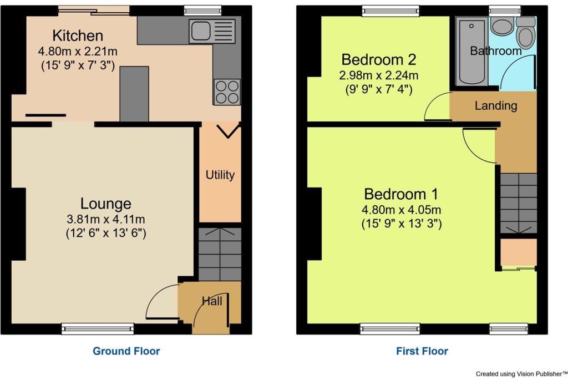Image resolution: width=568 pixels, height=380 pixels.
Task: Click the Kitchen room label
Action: pyautogui.click(x=78, y=36)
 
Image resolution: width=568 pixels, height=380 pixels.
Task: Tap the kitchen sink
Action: pyautogui.click(x=212, y=31)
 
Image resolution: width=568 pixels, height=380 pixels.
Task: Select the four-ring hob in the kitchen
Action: pyautogui.click(x=227, y=92)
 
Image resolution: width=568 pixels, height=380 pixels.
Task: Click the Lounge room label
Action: pyautogui.click(x=106, y=204)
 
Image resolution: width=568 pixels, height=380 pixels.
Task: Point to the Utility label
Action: pyautogui.click(x=220, y=175)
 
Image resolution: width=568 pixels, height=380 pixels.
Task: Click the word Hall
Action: pyautogui.click(x=212, y=301)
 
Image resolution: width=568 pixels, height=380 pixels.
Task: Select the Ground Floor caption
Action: pyautogui.click(x=126, y=351)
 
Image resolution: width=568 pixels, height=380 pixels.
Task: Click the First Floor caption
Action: pyautogui.click(x=422, y=351)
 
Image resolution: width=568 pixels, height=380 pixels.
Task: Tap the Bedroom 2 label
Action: pyautogui.click(x=378, y=59)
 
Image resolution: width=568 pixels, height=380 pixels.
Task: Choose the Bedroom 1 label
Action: pyautogui.click(x=401, y=194)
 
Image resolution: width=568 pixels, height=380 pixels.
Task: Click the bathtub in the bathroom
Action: pyautogui.click(x=471, y=52)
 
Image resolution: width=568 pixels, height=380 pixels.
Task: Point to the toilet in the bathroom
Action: pyautogui.click(x=526, y=33)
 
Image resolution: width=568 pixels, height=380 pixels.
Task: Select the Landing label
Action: pyautogui.click(x=496, y=106)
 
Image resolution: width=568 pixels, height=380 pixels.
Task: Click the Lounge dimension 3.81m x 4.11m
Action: pyautogui.click(x=106, y=219)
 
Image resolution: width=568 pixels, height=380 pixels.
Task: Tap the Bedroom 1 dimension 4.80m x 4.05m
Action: pyautogui.click(x=402, y=210)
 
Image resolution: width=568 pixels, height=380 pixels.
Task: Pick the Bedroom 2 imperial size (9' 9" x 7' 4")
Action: pyautogui.click(x=379, y=89)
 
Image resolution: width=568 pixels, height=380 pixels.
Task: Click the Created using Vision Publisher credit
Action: pyautogui.click(x=521, y=374)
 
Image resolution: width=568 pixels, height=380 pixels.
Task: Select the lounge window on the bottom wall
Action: pyautogui.click(x=98, y=328)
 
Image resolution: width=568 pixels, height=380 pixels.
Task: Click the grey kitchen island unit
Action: pyautogui.click(x=134, y=94)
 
